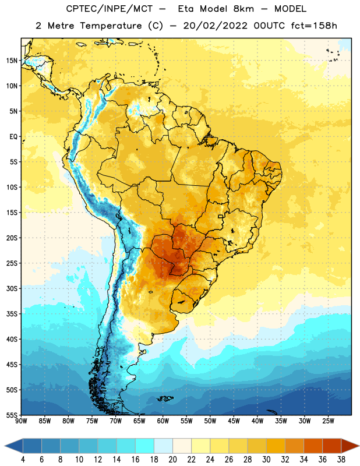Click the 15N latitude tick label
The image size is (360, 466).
tap(12, 61)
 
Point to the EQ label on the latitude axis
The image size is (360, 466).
tap(13, 137)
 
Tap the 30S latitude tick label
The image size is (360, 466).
tap(12, 288)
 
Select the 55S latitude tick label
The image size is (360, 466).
tap(12, 415)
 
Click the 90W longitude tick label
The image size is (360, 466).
tap(21, 421)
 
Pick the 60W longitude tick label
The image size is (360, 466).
tap(163, 421)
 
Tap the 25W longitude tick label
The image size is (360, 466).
tap(328, 421)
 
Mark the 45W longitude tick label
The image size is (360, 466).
tap(234, 421)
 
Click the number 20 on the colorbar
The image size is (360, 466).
tap(172, 460)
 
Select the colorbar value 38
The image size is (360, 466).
tap(341, 460)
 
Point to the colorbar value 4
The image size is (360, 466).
tap(23, 460)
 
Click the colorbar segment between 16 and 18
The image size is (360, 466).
tap(145, 446)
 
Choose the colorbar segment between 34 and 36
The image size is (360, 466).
tap(313, 446)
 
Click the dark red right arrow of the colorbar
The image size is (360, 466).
tap(350, 446)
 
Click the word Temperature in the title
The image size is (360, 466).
tap(111, 26)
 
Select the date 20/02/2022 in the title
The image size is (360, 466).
tap(215, 26)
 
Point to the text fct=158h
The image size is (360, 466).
tap(314, 26)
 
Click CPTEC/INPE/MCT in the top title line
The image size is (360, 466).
tap(110, 9)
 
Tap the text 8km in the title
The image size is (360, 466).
tap(243, 9)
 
